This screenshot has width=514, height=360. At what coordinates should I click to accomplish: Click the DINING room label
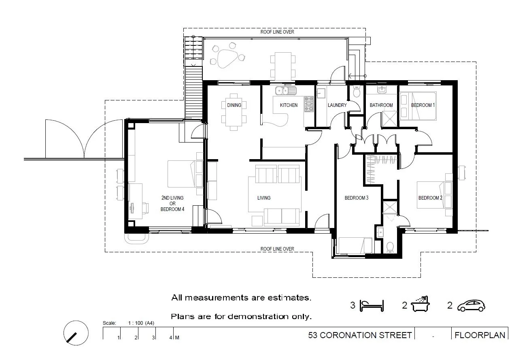pos(234,105)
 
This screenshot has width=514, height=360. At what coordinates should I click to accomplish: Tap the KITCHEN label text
pos(289,105)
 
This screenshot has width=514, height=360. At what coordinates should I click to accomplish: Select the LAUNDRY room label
pos(337,105)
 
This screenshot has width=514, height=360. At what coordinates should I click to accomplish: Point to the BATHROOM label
pos(381,105)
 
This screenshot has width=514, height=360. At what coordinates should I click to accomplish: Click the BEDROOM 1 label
pos(423,105)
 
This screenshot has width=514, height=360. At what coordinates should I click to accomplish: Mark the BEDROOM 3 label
pos(357,198)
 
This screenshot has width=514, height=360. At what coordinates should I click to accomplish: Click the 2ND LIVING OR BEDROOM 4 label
pos(172,203)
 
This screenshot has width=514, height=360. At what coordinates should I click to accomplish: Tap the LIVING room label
pos(264,198)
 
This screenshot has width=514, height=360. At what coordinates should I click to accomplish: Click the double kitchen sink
pos(286,90)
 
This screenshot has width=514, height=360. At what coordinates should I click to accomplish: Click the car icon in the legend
pos(471,306)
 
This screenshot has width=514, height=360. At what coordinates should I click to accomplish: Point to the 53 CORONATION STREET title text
pos(360,335)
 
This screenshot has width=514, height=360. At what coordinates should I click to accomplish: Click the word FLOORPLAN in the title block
pos(480,335)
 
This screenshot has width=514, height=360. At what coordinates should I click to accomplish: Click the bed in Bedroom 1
pos(418,106)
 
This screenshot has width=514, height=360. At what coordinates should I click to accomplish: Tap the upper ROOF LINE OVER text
pos(277,32)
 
